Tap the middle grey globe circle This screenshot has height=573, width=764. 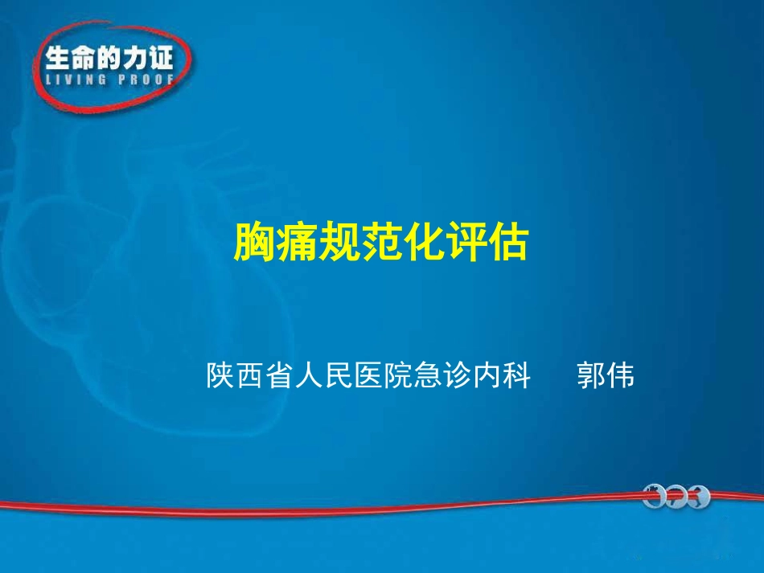click(677, 498)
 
